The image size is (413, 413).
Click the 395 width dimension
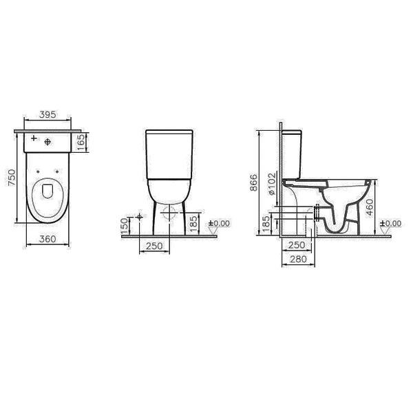[x=47, y=114]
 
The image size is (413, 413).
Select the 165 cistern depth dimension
[x=82, y=142]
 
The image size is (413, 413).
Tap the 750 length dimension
[x=12, y=178]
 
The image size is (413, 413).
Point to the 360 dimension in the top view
[x=47, y=239]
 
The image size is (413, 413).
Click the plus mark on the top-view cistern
[x=34, y=138]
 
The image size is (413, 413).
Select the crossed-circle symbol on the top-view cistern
[x=47, y=142]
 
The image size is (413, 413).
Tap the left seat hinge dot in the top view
[x=38, y=171]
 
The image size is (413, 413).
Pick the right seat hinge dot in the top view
[x=57, y=171]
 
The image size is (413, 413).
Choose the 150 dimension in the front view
[x=125, y=226]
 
